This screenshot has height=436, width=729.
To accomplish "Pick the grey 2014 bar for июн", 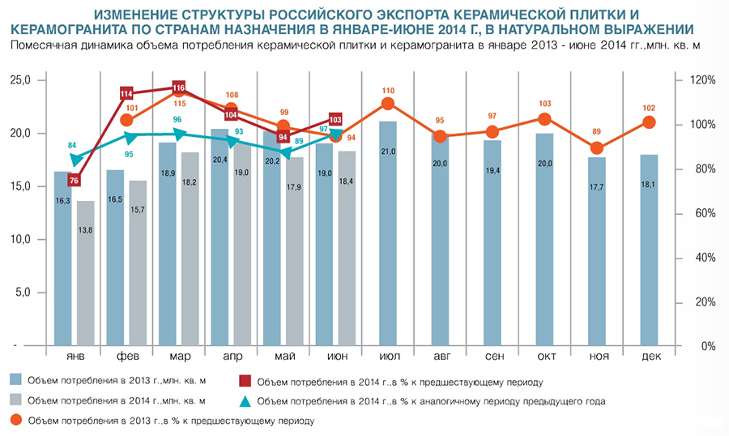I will tap(346, 248).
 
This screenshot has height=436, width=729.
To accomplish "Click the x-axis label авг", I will tap(440, 357).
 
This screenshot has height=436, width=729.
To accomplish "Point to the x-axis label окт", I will tap(545, 357).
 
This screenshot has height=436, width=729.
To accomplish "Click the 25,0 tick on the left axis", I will tap(19, 81).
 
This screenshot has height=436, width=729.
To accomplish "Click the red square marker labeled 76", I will tap(74, 180).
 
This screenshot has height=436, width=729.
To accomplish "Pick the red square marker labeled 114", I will tap(126, 94).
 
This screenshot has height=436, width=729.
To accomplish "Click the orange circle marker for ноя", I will tap(597, 148).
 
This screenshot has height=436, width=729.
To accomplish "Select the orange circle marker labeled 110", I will tap(388, 103).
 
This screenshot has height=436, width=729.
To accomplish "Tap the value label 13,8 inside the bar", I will tap(86, 232).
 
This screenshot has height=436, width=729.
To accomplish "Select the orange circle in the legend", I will tap(15, 421).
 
